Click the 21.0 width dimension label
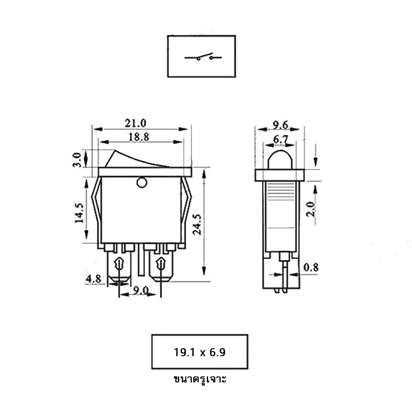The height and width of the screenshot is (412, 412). pyautogui.click(x=136, y=123)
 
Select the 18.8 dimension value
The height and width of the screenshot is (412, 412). pyautogui.click(x=139, y=137)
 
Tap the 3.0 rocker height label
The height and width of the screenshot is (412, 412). pyautogui.click(x=77, y=160)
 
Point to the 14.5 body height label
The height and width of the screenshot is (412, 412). pyautogui.click(x=80, y=213)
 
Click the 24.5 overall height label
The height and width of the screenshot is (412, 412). pyautogui.click(x=197, y=224)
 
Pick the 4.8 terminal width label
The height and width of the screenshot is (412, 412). pyautogui.click(x=94, y=279)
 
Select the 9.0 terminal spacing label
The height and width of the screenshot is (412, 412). pyautogui.click(x=140, y=290)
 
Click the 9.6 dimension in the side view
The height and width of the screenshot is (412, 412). pyautogui.click(x=280, y=125)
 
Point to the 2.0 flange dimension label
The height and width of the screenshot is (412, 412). pyautogui.click(x=311, y=209)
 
